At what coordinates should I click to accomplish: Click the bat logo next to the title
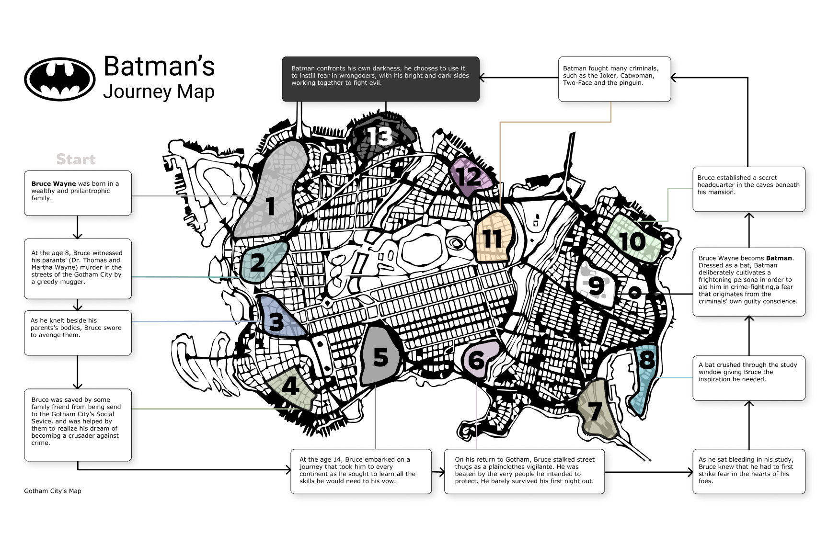(x=60, y=79)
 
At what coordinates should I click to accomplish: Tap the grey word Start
(x=76, y=159)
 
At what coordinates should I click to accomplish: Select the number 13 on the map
(x=380, y=136)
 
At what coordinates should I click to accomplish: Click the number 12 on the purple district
(x=469, y=177)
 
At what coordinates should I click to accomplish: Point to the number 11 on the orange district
(x=492, y=239)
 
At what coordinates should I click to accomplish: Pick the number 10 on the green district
(x=632, y=241)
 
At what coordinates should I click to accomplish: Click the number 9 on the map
(x=596, y=286)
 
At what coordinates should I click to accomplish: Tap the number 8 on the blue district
(x=647, y=359)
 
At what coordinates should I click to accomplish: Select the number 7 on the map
(x=595, y=411)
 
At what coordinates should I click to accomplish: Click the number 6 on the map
(x=476, y=360)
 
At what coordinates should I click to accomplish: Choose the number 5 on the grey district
(x=380, y=357)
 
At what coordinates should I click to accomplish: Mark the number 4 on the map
(x=290, y=386)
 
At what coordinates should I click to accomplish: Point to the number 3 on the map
(x=276, y=322)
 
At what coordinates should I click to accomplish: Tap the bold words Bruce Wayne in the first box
(x=54, y=184)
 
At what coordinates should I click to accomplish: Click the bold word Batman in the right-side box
(x=779, y=258)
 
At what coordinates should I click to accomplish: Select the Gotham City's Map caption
(x=53, y=491)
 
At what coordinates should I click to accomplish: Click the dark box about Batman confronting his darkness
(x=380, y=79)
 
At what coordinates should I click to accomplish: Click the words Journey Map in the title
(x=159, y=91)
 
